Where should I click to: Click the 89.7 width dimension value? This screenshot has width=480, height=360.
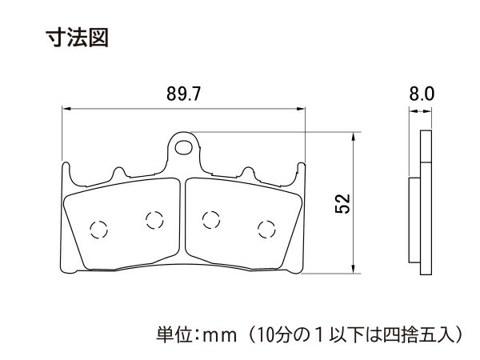coord(183,94)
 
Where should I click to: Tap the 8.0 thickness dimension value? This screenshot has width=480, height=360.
coord(422,94)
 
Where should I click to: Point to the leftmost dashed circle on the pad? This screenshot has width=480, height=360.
coord(99,228)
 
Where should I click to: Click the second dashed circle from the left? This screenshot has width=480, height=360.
coord(153,218)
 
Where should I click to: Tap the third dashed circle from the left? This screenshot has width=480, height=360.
coord(213,218)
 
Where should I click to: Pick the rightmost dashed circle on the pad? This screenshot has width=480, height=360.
coord(266,228)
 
